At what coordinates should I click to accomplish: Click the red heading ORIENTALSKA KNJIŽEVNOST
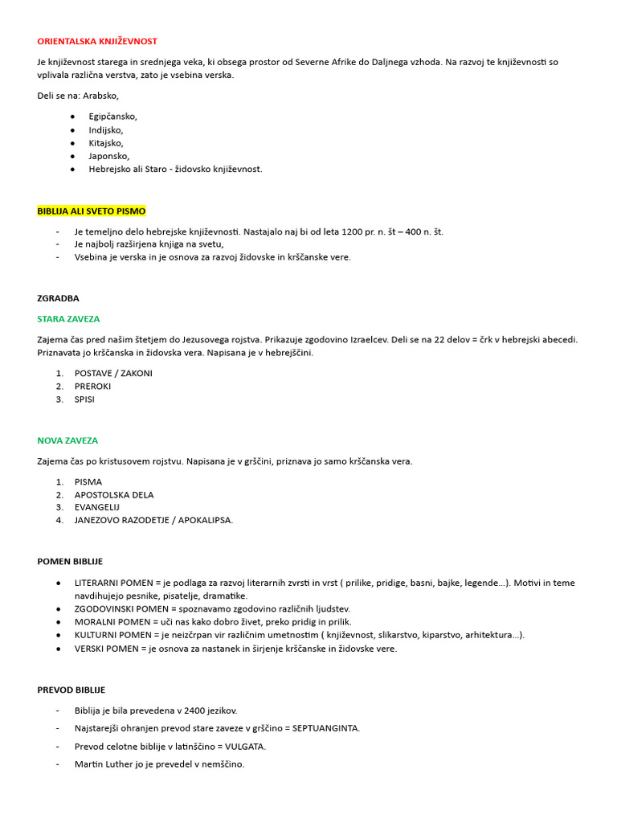tap(97, 41)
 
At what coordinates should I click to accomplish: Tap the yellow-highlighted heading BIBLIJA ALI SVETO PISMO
tap(92, 211)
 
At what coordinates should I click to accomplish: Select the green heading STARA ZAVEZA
tap(68, 319)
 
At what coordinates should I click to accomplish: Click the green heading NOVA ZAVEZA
tap(67, 440)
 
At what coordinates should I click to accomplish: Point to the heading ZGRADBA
tap(58, 298)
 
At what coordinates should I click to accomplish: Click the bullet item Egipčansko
tap(112, 117)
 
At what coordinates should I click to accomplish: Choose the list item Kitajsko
tap(106, 143)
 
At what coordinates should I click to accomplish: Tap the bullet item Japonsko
tap(108, 156)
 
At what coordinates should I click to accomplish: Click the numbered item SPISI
tap(84, 399)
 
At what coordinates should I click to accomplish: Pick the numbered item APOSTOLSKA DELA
tap(114, 495)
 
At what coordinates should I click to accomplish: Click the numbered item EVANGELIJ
tap(97, 508)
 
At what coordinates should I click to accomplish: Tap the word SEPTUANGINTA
tap(325, 728)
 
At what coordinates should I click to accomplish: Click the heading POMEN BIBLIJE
tap(70, 562)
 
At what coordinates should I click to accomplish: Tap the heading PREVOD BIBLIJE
tap(71, 690)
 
